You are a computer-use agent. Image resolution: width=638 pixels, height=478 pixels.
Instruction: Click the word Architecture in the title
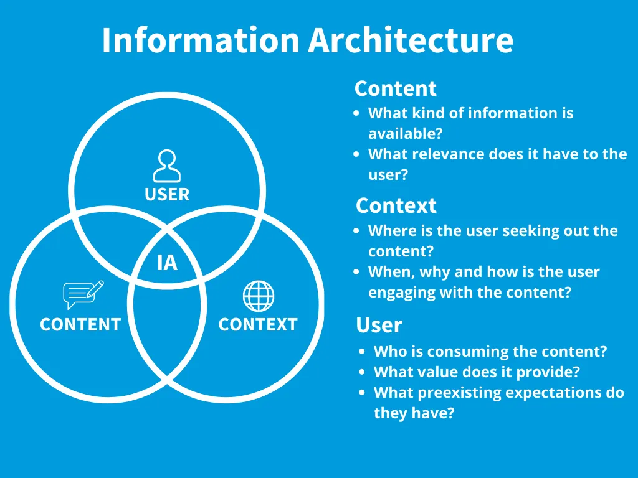[411, 40]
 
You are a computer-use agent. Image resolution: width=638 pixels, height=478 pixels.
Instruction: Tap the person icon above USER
[166, 166]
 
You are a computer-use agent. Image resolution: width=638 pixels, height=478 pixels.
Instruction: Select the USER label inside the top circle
[166, 194]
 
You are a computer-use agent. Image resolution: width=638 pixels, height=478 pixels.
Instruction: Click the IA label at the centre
[167, 263]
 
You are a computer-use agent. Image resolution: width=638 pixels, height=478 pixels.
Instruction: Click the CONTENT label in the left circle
[80, 324]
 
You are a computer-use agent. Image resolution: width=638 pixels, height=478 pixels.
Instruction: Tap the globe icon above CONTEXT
[259, 296]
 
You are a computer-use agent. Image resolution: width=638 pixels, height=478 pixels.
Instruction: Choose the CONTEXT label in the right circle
[257, 324]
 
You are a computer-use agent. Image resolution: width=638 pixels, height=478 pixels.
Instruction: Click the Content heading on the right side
[395, 88]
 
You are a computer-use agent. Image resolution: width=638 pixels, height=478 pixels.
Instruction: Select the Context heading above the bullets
[396, 205]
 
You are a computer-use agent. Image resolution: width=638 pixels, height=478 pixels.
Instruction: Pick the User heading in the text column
[379, 325]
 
